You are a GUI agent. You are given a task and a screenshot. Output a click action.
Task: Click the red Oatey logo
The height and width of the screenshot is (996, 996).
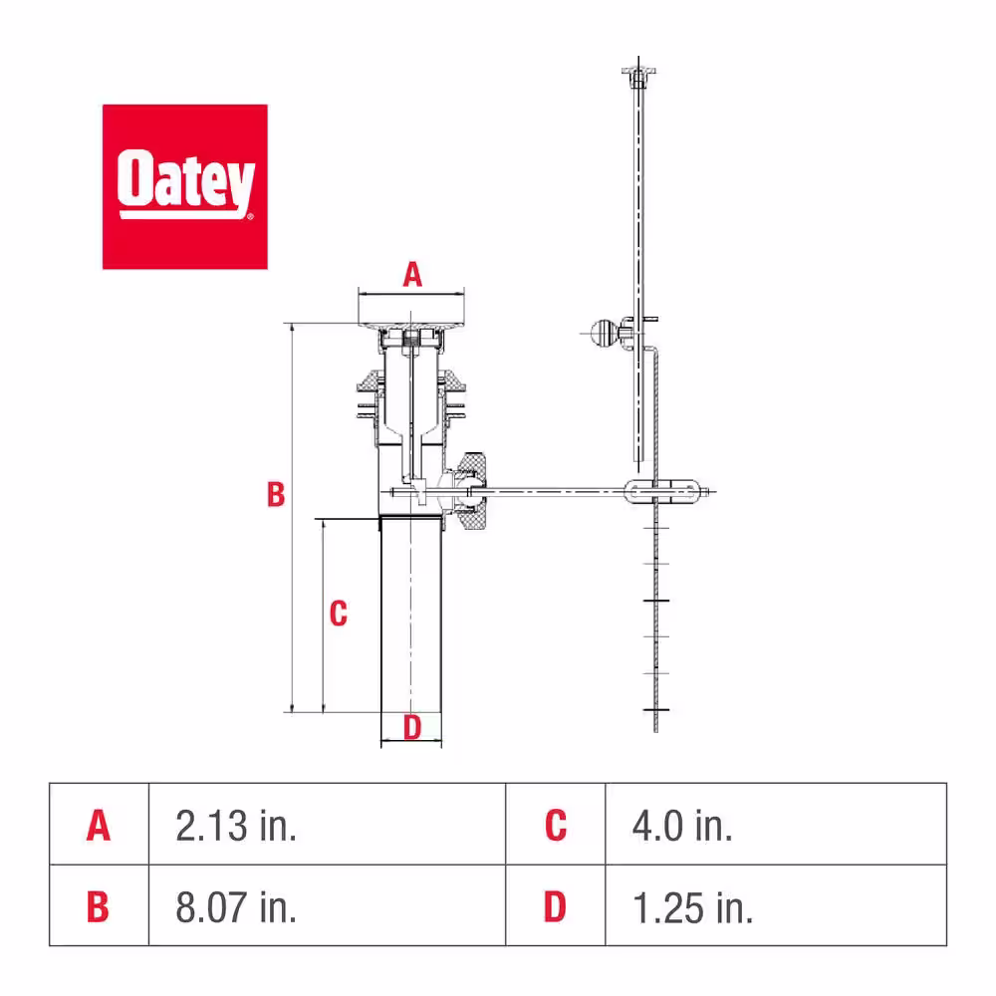point(185,187)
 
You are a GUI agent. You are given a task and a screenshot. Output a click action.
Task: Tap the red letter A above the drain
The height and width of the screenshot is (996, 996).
point(412,275)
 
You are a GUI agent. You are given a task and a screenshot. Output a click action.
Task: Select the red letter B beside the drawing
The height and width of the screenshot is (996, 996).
point(276,494)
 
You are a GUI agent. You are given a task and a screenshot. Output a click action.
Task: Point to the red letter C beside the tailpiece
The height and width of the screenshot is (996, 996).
point(339,614)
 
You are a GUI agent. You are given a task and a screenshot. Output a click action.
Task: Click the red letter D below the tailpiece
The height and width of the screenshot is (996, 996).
point(412,727)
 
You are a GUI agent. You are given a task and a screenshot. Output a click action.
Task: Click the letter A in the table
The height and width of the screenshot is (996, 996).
point(99,826)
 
